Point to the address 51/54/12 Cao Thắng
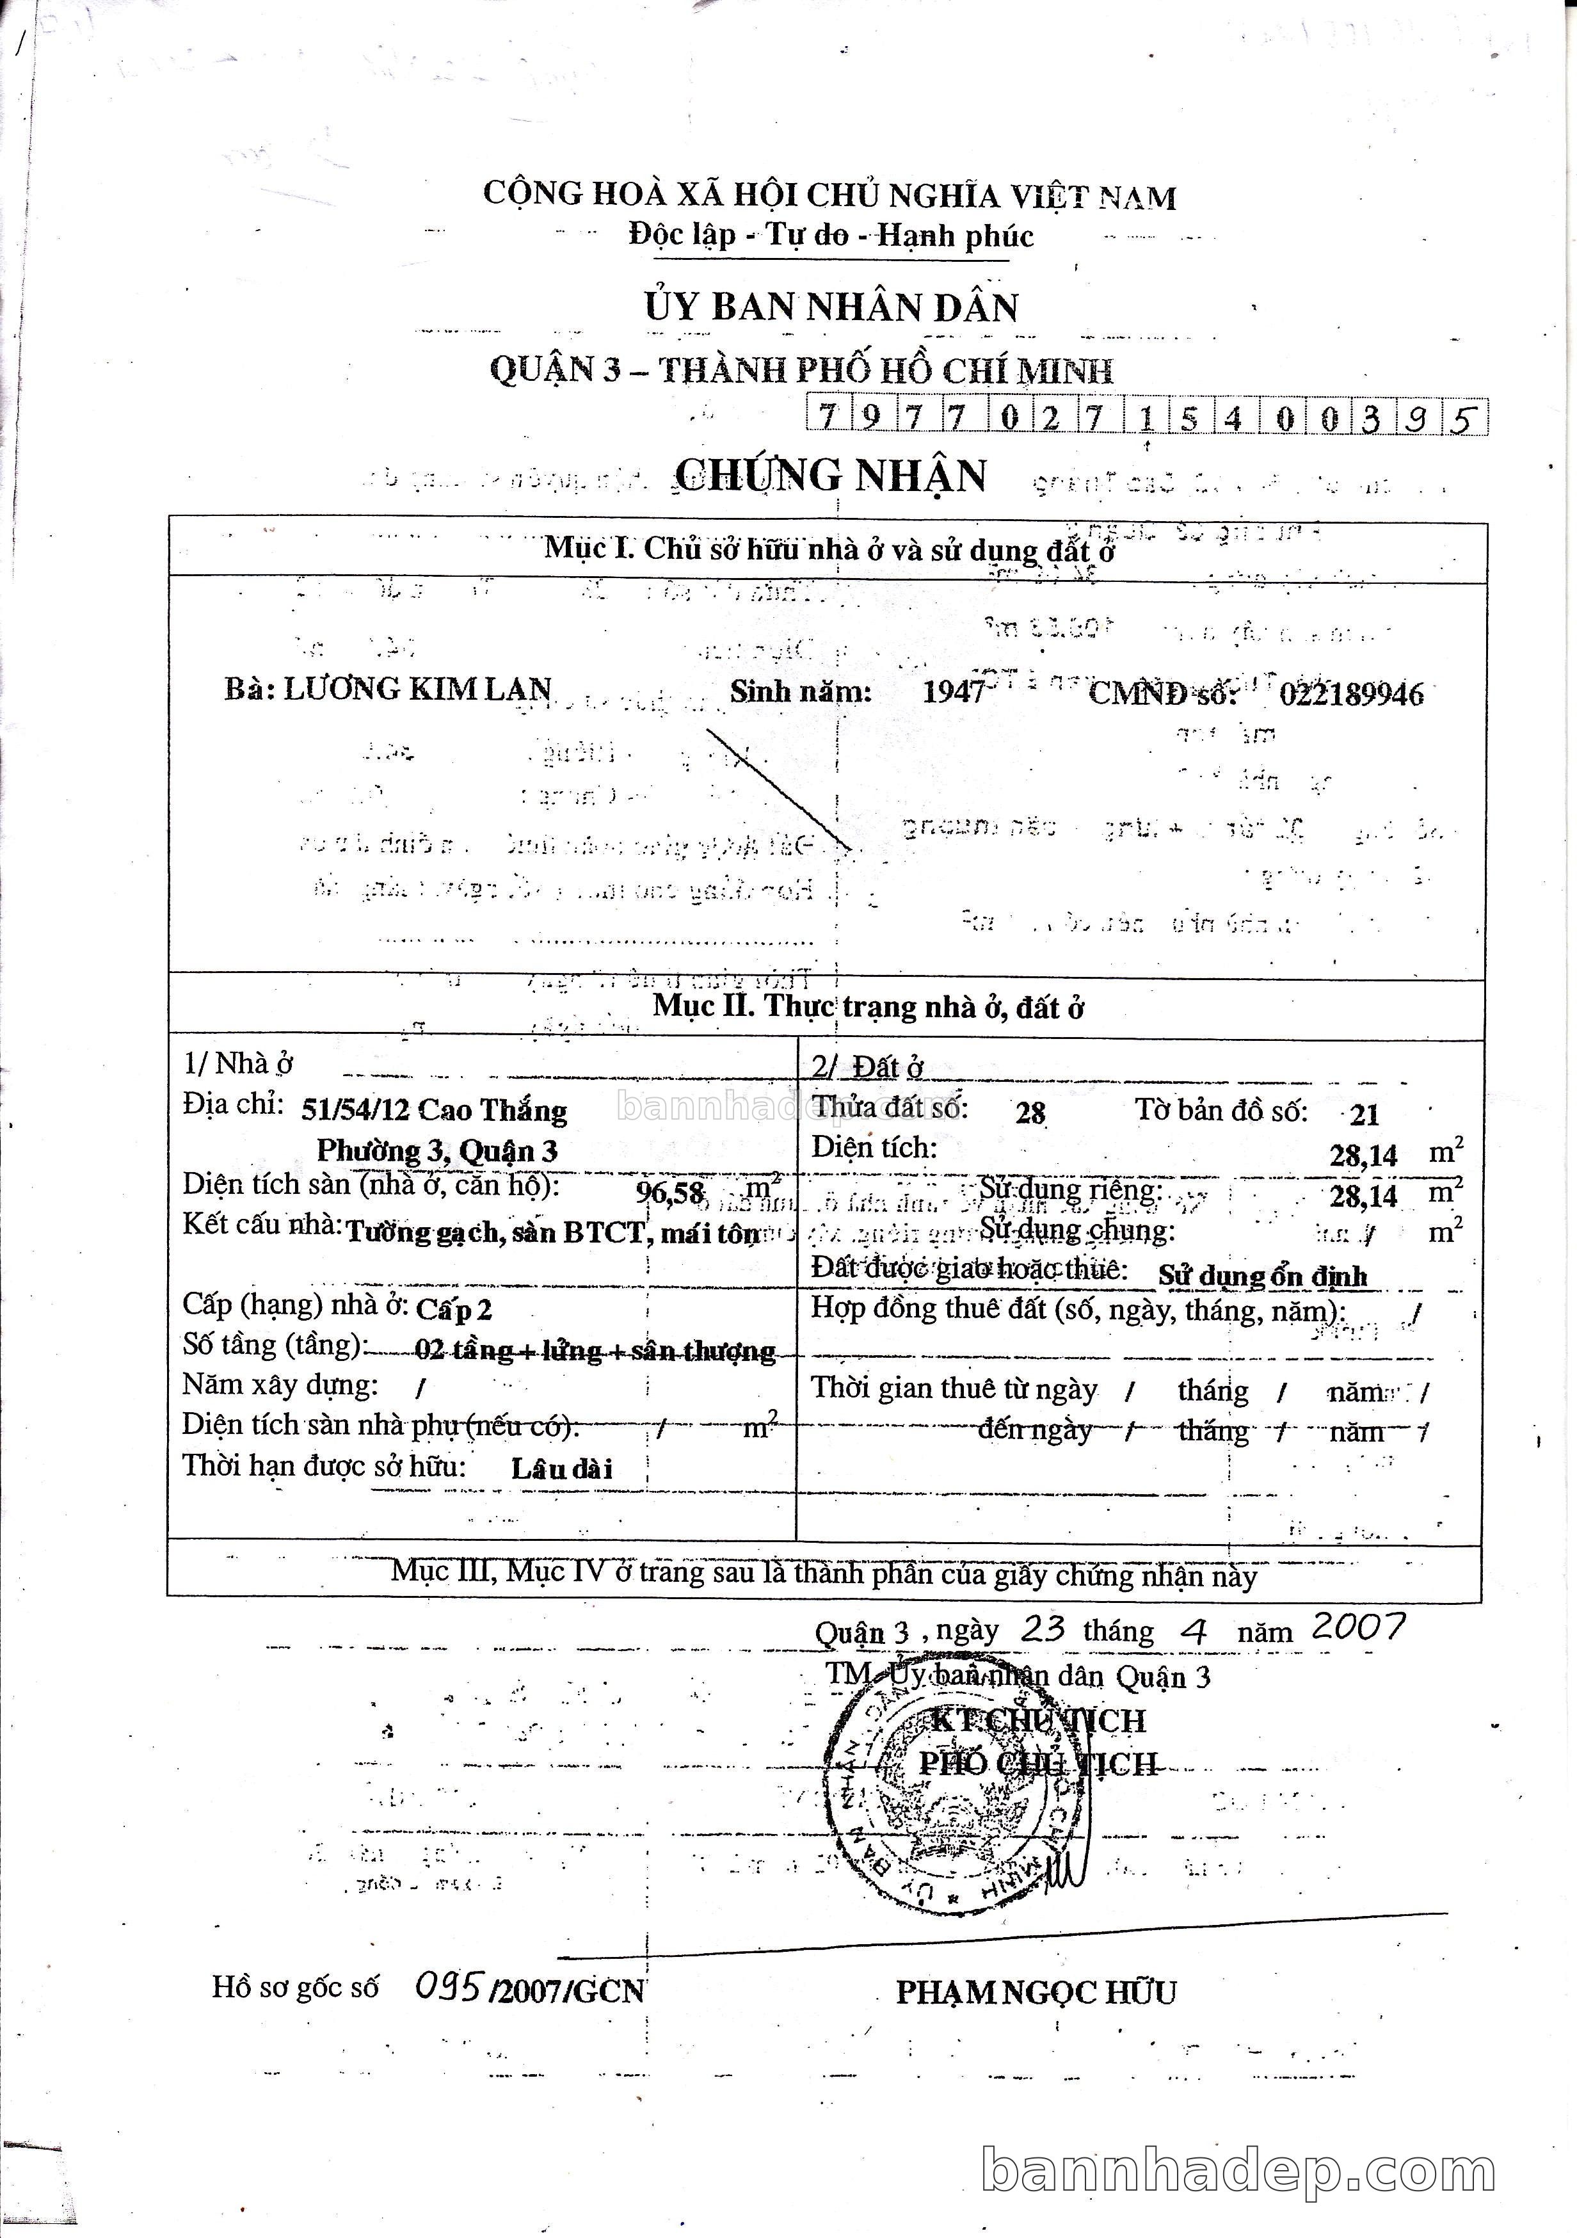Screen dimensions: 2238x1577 [x=434, y=1110]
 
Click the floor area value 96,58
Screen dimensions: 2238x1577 [x=669, y=1192]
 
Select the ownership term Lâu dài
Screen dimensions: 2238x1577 [x=561, y=1469]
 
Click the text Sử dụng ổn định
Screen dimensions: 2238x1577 [x=1261, y=1276]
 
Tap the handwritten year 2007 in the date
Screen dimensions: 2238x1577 [x=1357, y=1626]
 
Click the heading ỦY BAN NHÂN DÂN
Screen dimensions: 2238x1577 [x=830, y=308]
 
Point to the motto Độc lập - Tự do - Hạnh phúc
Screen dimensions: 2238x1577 [x=830, y=236]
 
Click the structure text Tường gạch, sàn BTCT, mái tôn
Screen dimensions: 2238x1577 [x=552, y=1233]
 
